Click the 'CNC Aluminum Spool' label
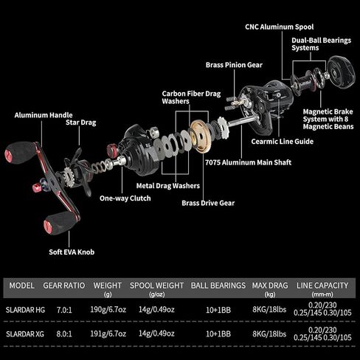click(280, 27)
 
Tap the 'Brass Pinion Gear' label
click(234, 65)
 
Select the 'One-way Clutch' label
click(125, 198)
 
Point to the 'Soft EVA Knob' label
click(72, 252)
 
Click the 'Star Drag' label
click(81, 122)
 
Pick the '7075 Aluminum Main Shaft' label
click(248, 162)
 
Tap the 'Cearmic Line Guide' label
click(283, 142)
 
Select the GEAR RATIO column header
click(64, 285)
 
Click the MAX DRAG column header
click(270, 285)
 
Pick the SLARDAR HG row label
click(25, 310)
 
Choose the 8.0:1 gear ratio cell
click(64, 334)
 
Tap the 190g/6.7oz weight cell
click(108, 309)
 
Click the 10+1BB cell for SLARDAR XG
click(218, 334)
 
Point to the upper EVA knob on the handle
click(20, 153)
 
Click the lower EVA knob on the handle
click(60, 222)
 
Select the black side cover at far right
click(342, 72)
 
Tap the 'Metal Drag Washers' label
click(168, 186)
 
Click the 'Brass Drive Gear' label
click(208, 203)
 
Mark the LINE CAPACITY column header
click(322, 285)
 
